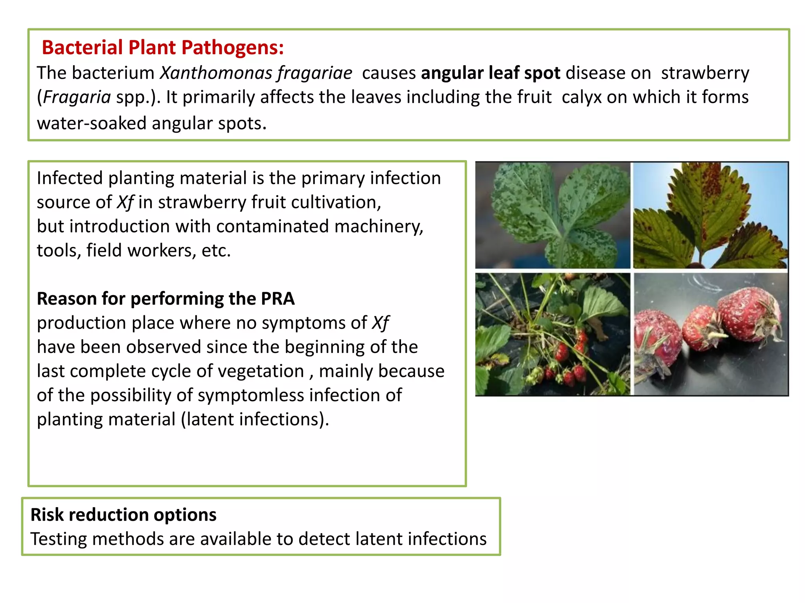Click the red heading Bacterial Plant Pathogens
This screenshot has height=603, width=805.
point(163,48)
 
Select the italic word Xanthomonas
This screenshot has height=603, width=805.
point(216,73)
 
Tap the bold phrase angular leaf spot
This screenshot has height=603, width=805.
point(490,73)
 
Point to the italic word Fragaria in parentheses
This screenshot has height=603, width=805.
point(77,97)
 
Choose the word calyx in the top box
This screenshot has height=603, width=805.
point(581,97)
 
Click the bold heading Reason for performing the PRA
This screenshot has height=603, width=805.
point(165,299)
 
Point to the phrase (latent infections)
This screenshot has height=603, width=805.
point(255,419)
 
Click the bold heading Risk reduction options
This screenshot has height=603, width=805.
point(123,515)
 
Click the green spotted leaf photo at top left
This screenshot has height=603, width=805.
point(552,215)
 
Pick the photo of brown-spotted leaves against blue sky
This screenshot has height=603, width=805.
point(710,215)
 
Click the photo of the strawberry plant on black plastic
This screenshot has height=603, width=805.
point(552,334)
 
